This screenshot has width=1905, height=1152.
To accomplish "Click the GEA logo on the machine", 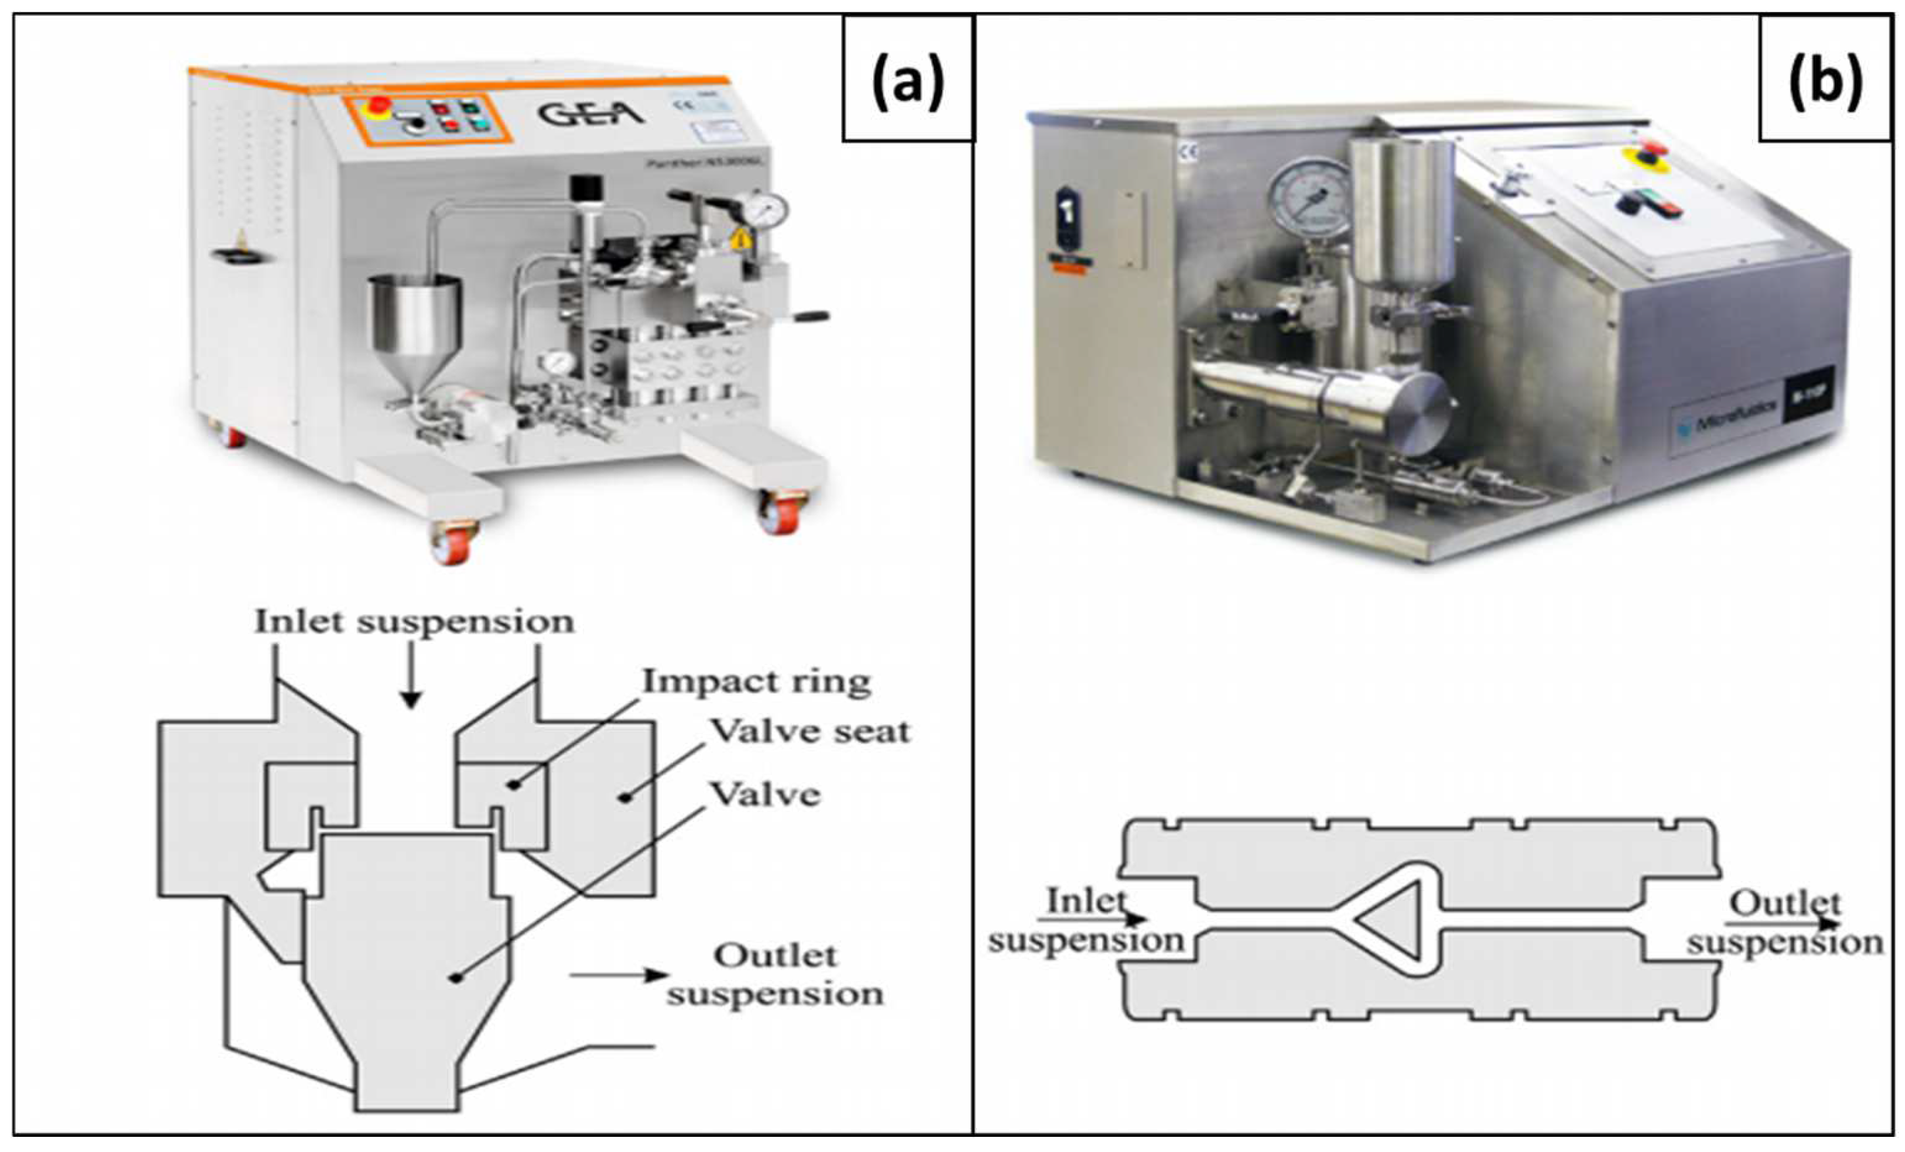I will tap(591, 115).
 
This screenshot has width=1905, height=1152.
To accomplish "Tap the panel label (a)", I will tap(907, 85).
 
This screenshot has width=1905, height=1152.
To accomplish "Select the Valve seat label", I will tap(810, 731).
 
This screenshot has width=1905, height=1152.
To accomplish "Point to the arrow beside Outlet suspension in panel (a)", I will tap(618, 975).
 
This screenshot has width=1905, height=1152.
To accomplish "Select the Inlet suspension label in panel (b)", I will tap(1086, 921).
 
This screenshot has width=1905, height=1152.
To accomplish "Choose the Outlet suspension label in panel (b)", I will tap(1784, 923).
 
